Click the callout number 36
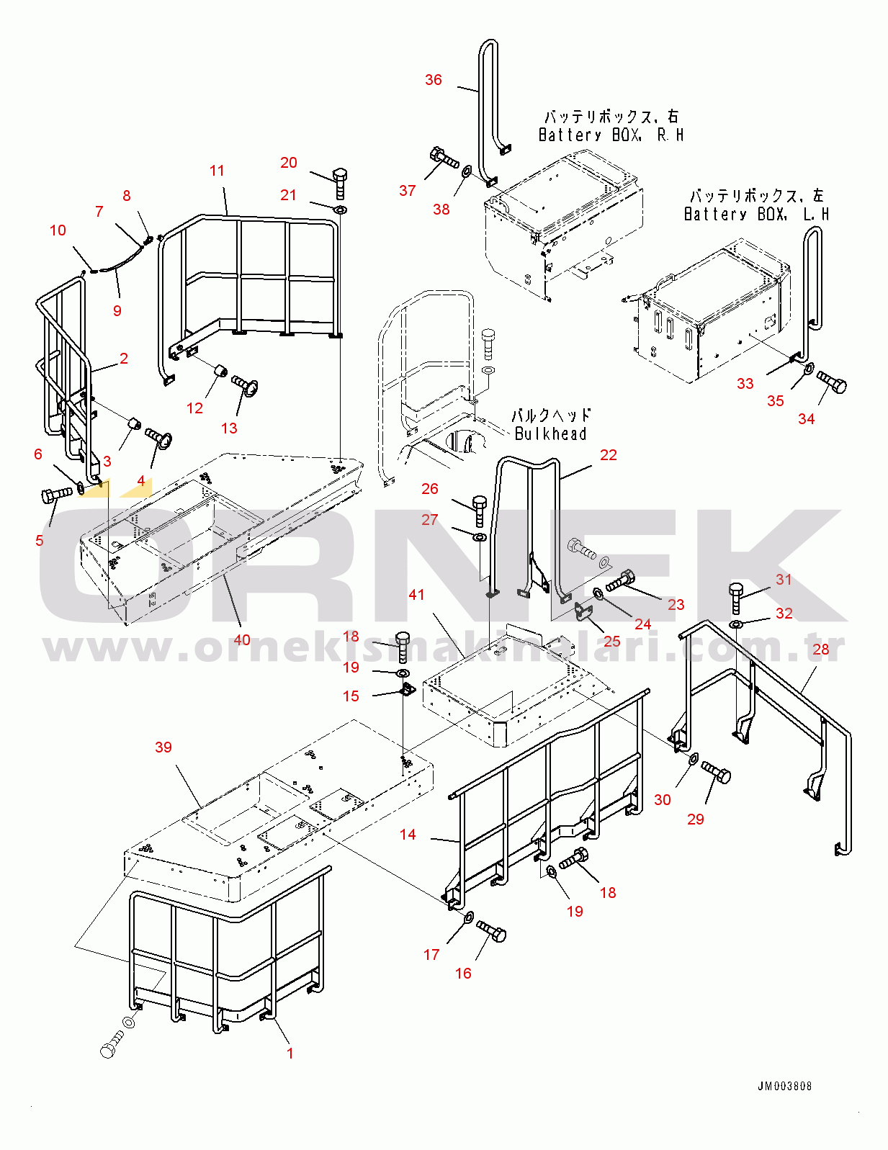tap(433, 80)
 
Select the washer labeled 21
tap(340, 210)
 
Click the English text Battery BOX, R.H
tap(611, 135)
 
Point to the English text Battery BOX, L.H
tap(756, 214)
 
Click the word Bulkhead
tap(550, 434)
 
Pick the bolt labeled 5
tap(56, 495)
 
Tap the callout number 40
tap(242, 639)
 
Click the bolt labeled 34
tap(832, 382)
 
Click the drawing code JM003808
tap(784, 1086)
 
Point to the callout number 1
tap(290, 1053)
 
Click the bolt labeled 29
tap(716, 773)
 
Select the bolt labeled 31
tap(735, 598)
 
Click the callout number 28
tap(821, 649)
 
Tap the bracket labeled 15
tap(408, 691)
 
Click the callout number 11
tap(217, 171)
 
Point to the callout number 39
tap(163, 747)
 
